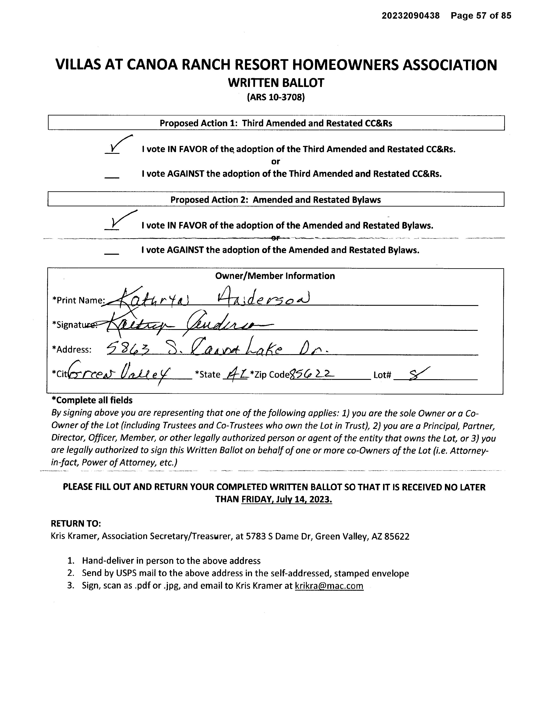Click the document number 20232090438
(410, 16)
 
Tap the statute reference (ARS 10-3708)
(276, 97)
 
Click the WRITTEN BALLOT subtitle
(276, 83)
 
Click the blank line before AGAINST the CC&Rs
(112, 177)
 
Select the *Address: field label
(72, 350)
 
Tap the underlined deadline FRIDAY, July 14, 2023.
(286, 499)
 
